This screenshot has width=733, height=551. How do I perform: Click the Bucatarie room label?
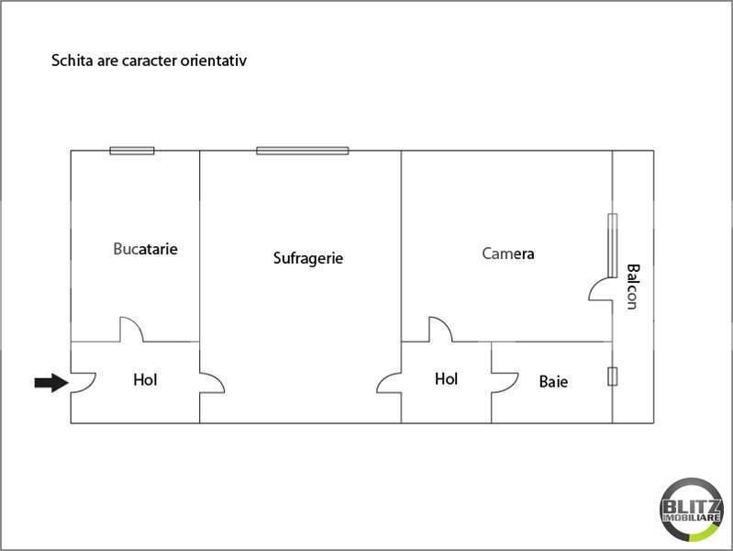(145, 249)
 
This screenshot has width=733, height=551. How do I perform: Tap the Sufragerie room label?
(308, 258)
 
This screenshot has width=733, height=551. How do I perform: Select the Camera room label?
(508, 253)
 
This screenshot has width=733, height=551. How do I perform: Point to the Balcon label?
(632, 287)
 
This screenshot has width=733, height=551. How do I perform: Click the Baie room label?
(553, 380)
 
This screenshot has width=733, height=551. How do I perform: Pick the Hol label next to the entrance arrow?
(145, 379)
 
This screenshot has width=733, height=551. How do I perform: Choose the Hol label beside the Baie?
(446, 378)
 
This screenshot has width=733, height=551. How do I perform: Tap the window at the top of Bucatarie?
(132, 151)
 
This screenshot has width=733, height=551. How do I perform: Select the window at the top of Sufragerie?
(302, 151)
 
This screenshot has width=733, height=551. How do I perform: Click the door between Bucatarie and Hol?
(130, 330)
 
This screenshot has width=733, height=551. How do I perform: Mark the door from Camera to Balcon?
(601, 288)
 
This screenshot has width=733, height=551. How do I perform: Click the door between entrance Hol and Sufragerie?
(211, 383)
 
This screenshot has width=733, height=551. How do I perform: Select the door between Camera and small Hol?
(439, 329)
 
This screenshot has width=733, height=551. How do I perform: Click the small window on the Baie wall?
(612, 376)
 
